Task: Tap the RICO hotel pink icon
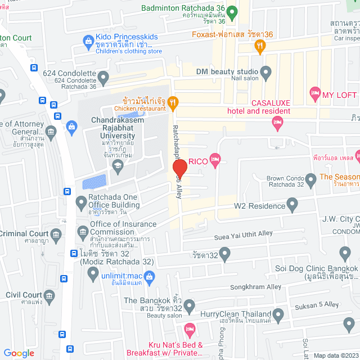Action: pyautogui.click(x=214, y=161)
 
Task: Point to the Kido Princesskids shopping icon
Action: pyautogui.click(x=88, y=40)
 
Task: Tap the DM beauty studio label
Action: pyautogui.click(x=227, y=71)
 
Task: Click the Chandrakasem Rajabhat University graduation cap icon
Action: pyautogui.click(x=118, y=164)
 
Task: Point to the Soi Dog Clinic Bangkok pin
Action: pyautogui.click(x=345, y=253)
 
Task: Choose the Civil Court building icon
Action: pyautogui.click(x=49, y=295)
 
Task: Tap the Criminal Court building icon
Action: pyautogui.click(x=55, y=233)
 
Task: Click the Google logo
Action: pyautogui.click(x=19, y=353)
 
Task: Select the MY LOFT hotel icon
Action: pyautogui.click(x=314, y=92)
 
